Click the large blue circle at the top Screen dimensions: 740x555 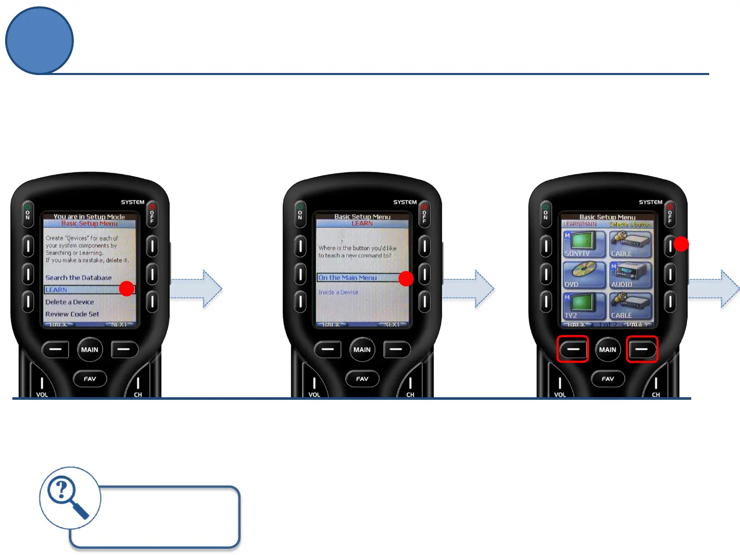pyautogui.click(x=40, y=41)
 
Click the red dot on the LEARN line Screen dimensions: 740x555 pyautogui.click(x=126, y=289)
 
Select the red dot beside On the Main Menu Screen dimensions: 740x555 pyautogui.click(x=406, y=279)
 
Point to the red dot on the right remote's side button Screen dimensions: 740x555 pyautogui.click(x=681, y=244)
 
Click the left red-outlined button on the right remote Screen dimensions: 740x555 pyautogui.click(x=573, y=349)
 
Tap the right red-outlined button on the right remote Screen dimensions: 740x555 pyautogui.click(x=642, y=349)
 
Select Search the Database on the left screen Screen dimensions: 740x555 pyautogui.click(x=79, y=278)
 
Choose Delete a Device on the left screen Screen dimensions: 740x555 pyautogui.click(x=70, y=302)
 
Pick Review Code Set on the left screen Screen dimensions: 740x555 pyautogui.click(x=72, y=314)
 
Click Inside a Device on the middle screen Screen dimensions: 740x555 pyautogui.click(x=338, y=292)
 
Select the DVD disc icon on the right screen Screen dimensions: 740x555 pyautogui.click(x=583, y=274)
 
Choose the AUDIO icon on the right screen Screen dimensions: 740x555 pyautogui.click(x=630, y=274)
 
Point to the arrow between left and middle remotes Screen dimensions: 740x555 pyautogui.click(x=198, y=289)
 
